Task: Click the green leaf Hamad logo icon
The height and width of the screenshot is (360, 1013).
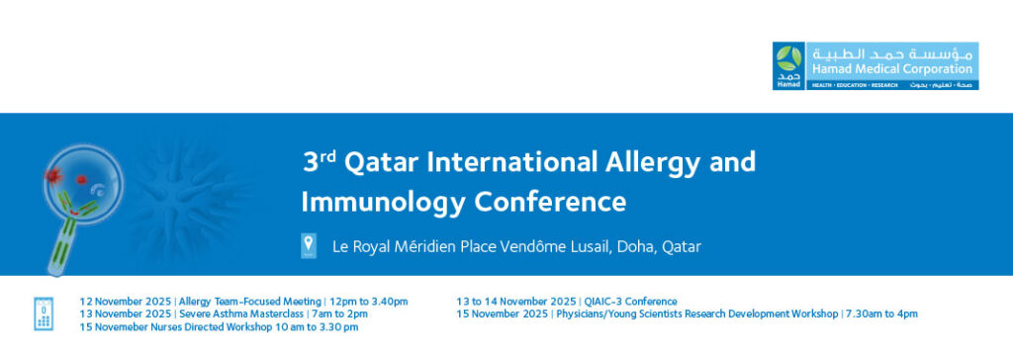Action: [788, 58]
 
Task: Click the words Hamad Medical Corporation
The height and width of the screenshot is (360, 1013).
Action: [891, 68]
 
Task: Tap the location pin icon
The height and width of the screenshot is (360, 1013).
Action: [309, 246]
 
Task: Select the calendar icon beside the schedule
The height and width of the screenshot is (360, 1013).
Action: [44, 315]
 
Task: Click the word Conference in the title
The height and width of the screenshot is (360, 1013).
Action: [550, 202]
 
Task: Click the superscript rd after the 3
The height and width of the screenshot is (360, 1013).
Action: [327, 157]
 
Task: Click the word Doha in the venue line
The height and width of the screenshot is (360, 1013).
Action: [636, 247]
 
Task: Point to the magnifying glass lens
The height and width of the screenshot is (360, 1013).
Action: [83, 185]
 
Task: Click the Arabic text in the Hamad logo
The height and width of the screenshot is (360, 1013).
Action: [891, 53]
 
